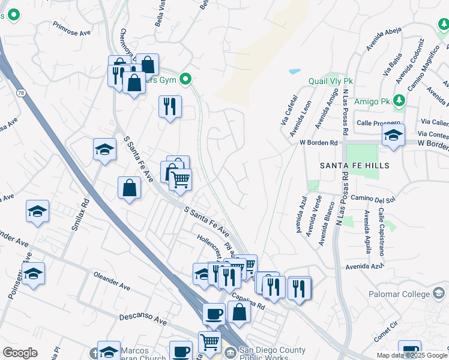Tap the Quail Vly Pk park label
(x=330, y=81)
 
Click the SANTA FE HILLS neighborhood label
(x=354, y=165)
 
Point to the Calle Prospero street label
(x=378, y=122)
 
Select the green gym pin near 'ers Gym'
(x=186, y=79)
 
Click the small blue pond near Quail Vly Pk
(x=294, y=71)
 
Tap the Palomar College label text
(x=400, y=294)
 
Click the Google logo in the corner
(x=20, y=353)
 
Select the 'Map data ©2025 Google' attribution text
(x=412, y=355)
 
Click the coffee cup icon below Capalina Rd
(x=214, y=313)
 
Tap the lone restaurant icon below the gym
(x=170, y=106)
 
